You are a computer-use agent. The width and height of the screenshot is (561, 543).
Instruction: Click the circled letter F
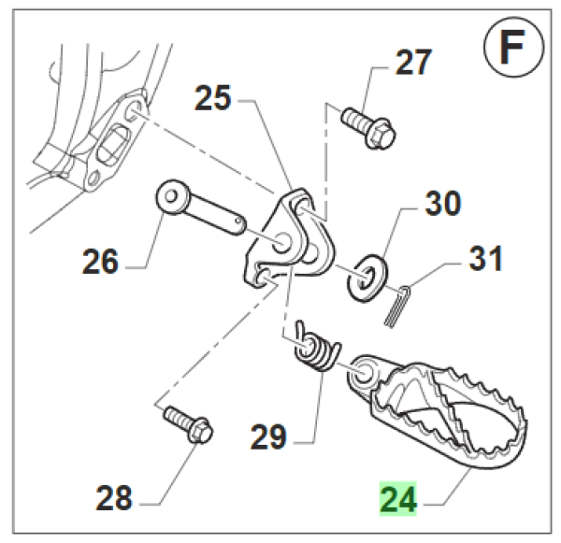pyautogui.click(x=511, y=49)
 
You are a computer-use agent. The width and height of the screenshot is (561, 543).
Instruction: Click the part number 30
pyautogui.click(x=444, y=202)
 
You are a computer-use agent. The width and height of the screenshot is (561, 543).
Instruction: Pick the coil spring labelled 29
pyautogui.click(x=310, y=347)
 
